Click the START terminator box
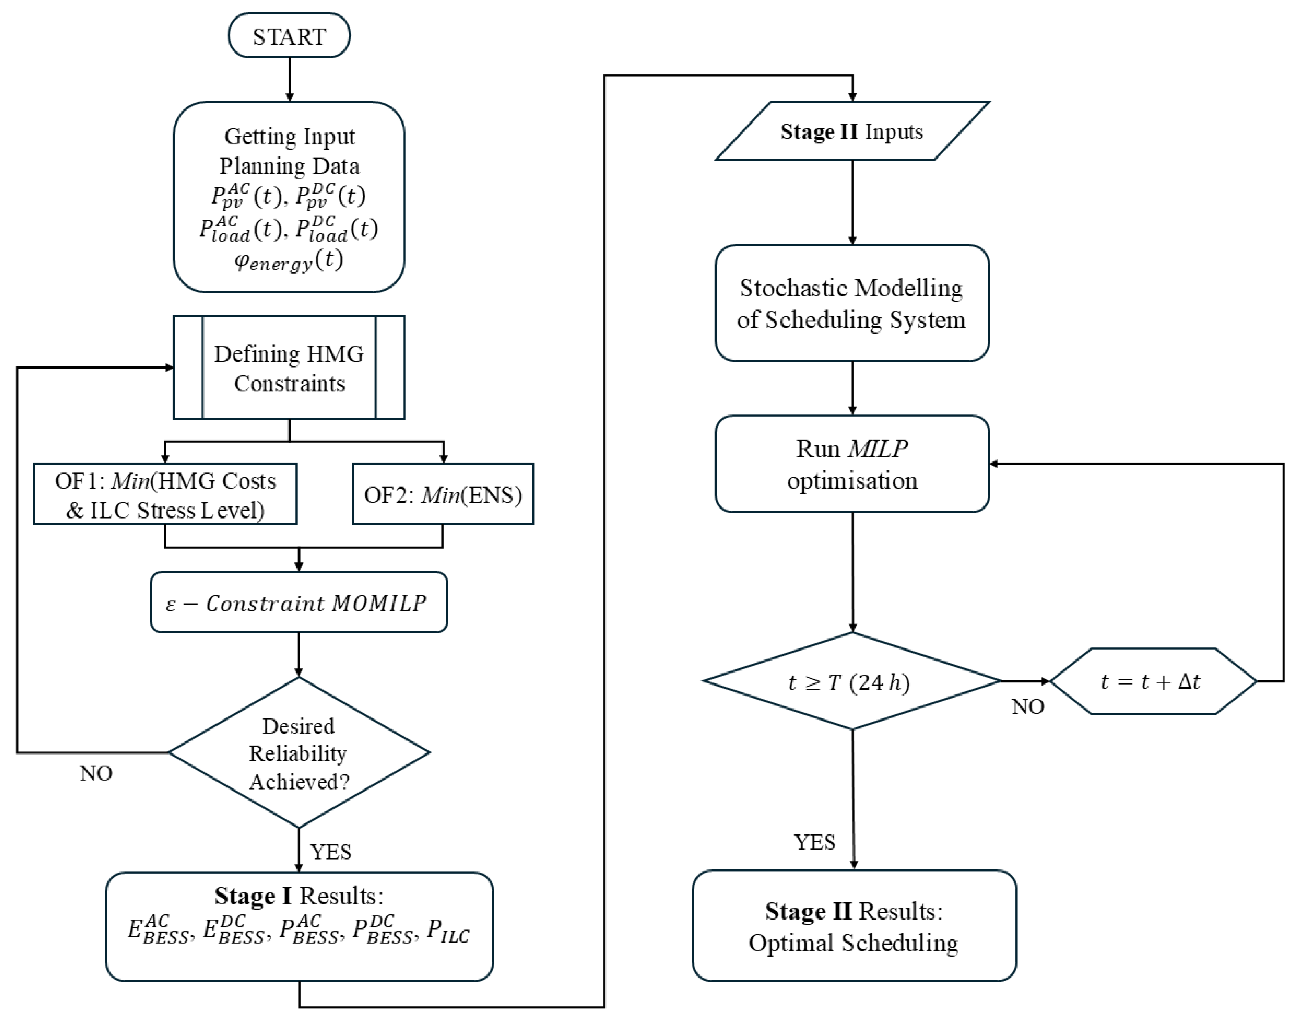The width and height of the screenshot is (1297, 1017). pos(289,36)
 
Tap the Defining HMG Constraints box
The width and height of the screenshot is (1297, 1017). pos(289,368)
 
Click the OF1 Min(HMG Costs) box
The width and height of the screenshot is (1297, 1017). pos(165,494)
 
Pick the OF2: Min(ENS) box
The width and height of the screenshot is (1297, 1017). pos(443,494)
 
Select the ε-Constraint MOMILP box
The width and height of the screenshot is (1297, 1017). pos(299,603)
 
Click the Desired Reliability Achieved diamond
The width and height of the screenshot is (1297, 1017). pos(299,753)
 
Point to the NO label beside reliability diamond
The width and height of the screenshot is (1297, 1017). pos(96,774)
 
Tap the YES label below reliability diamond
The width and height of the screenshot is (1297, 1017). pos(331,852)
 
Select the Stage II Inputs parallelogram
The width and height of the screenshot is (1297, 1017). pos(852,131)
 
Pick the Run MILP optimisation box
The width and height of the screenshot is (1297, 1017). pos(852,464)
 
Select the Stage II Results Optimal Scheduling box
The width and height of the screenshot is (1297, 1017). pos(854,926)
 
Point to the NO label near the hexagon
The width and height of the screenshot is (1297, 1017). pos(1028,707)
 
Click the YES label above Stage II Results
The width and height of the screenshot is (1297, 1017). pos(815,842)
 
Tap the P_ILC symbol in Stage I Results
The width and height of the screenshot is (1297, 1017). pos(448,931)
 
